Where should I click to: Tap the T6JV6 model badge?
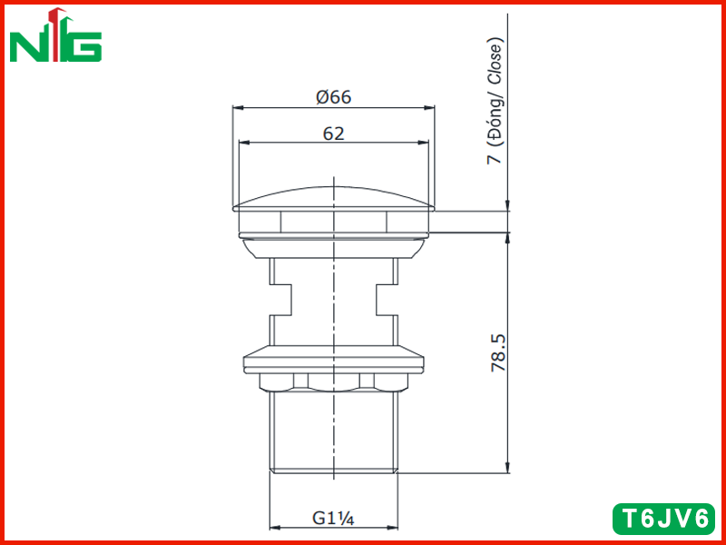pos(663,519)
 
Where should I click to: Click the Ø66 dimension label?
pos(334,97)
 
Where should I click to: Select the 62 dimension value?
pos(334,134)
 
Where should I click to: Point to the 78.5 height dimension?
pos(499,353)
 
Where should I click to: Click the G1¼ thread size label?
pos(333,518)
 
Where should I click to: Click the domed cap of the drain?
pos(333,198)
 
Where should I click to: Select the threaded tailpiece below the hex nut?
pos(333,432)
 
